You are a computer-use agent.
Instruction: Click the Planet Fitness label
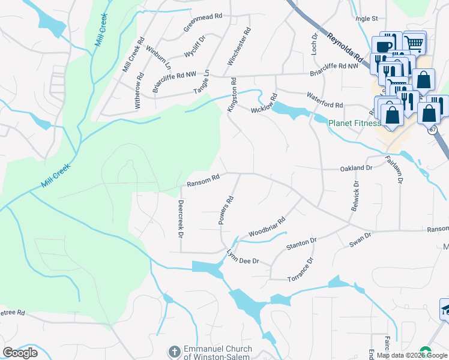pyautogui.click(x=354, y=124)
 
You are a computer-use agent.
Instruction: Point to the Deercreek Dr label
pyautogui.click(x=179, y=218)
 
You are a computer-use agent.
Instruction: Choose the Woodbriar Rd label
pyautogui.click(x=267, y=227)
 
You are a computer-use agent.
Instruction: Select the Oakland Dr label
pyautogui.click(x=357, y=169)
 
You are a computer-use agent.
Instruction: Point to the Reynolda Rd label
pyautogui.click(x=346, y=47)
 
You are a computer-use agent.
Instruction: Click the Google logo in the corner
pyautogui.click(x=20, y=353)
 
